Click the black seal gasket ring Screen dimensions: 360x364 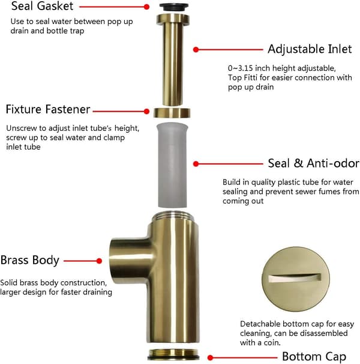pyautogui.click(x=174, y=7)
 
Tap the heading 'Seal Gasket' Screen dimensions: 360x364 pyautogui.click(x=42, y=6)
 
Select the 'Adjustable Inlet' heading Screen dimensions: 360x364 pyautogui.click(x=310, y=49)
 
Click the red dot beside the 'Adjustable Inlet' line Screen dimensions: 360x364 pyautogui.click(x=196, y=49)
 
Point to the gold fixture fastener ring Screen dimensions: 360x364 pyautogui.click(x=172, y=113)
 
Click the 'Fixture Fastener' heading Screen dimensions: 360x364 pyautogui.click(x=48, y=109)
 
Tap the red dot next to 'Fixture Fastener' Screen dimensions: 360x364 pyautogui.click(x=146, y=112)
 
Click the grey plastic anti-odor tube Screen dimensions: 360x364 pyautogui.click(x=172, y=165)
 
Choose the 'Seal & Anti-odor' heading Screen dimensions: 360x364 pyautogui.click(x=313, y=163)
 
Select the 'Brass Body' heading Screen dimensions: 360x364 pyautogui.click(x=29, y=260)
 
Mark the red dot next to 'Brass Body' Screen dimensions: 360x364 pyautogui.click(x=99, y=261)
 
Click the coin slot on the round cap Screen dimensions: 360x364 pyautogui.click(x=295, y=278)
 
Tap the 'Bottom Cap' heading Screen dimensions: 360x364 pyautogui.click(x=314, y=357)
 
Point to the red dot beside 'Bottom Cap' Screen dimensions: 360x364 pyautogui.click(x=210, y=357)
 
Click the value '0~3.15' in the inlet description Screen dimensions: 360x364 pyautogui.click(x=241, y=68)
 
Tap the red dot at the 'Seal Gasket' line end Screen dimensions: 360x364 pyautogui.click(x=146, y=7)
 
